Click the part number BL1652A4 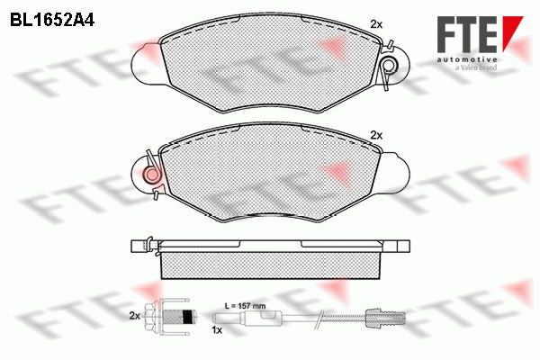[x=52, y=21]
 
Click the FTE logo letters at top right [x=467, y=34]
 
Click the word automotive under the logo [x=467, y=60]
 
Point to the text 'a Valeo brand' [x=476, y=67]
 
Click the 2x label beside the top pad [x=376, y=24]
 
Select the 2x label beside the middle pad [x=376, y=135]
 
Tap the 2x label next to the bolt [x=135, y=316]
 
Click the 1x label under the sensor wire [x=217, y=330]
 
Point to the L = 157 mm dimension [x=245, y=306]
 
